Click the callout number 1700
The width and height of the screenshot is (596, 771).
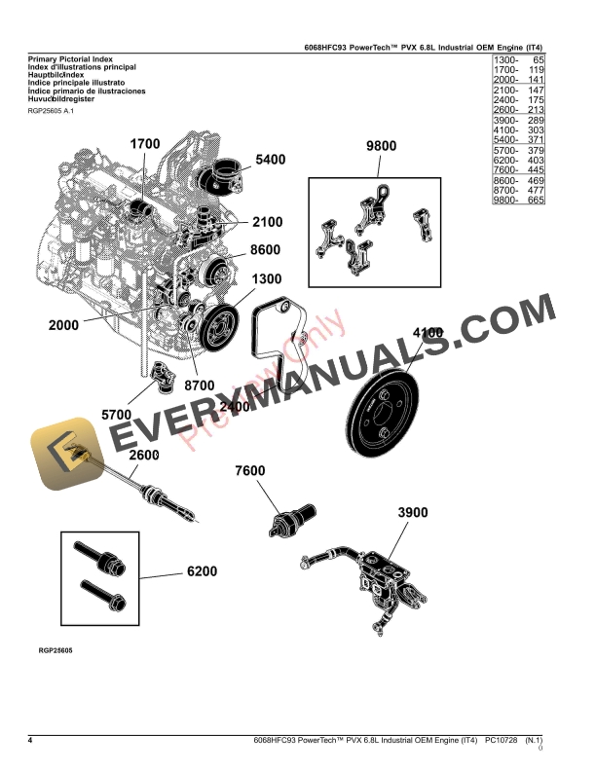coord(145,144)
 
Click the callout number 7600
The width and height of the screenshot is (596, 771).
coord(249,471)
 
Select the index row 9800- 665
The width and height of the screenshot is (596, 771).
coord(517,200)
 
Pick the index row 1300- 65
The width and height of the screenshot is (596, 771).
coord(517,60)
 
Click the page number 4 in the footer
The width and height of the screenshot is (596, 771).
coord(31,742)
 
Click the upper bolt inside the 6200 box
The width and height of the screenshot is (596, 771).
coord(102,557)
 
